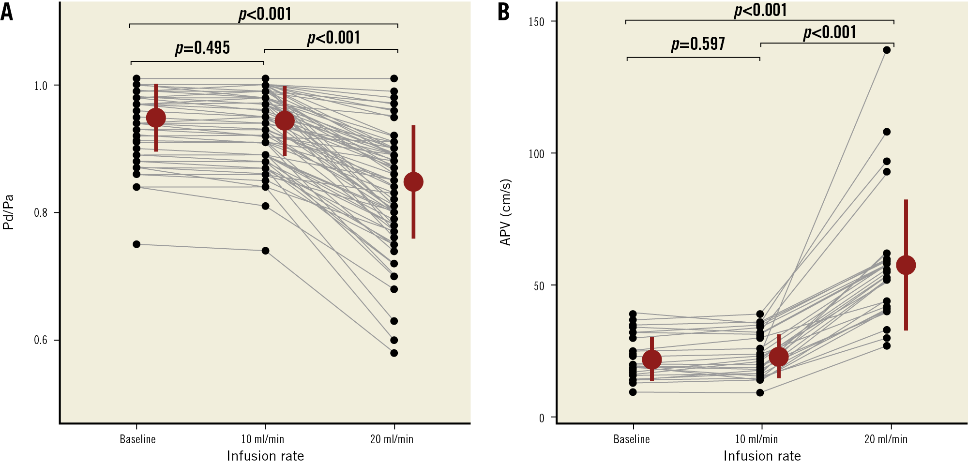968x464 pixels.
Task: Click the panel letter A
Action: pyautogui.click(x=7, y=12)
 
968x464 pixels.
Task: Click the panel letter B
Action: pyautogui.click(x=503, y=12)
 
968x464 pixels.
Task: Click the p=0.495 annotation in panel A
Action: pyautogui.click(x=202, y=48)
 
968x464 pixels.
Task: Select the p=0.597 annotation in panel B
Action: pyautogui.click(x=698, y=44)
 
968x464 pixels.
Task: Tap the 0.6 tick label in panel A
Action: pyautogui.click(x=41, y=340)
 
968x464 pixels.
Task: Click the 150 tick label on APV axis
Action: pyautogui.click(x=536, y=22)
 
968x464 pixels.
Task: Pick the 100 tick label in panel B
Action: pyautogui.click(x=536, y=154)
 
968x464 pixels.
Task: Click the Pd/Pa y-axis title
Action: pyautogui.click(x=8, y=212)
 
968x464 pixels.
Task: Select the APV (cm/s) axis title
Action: pyautogui.click(x=505, y=212)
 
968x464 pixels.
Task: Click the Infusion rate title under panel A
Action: pyautogui.click(x=265, y=456)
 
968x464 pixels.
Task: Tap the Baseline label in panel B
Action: pyautogui.click(x=631, y=439)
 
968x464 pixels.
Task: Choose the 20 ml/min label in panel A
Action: pyautogui.click(x=392, y=439)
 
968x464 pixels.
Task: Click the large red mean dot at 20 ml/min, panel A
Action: pyautogui.click(x=413, y=182)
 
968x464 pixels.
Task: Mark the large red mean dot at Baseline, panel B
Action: pyautogui.click(x=652, y=359)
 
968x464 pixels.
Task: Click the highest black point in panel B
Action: pyautogui.click(x=887, y=50)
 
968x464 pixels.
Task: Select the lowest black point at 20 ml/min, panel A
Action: pyautogui.click(x=394, y=353)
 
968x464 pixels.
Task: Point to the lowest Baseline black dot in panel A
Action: pyautogui.click(x=136, y=244)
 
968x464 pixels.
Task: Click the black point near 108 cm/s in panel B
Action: pyautogui.click(x=887, y=132)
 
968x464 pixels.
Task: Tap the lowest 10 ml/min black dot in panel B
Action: pyautogui.click(x=760, y=392)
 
